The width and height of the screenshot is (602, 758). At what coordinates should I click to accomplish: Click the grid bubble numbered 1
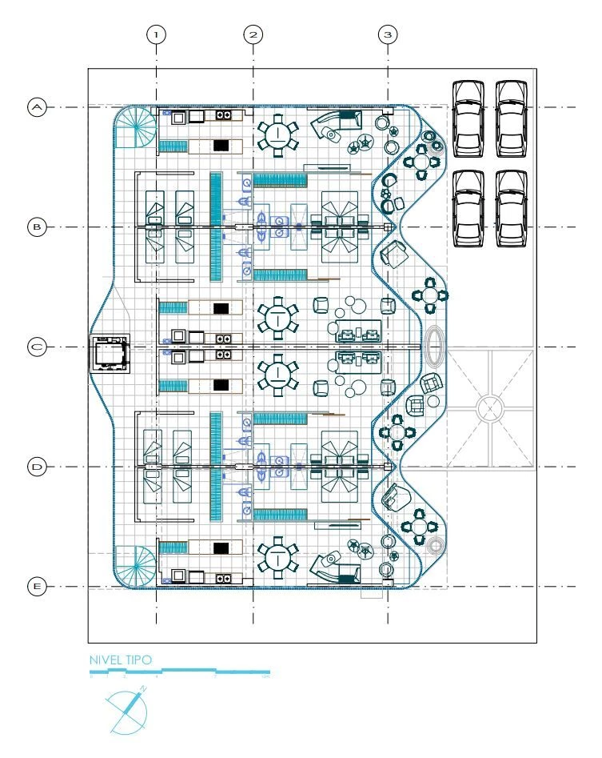[x=156, y=34]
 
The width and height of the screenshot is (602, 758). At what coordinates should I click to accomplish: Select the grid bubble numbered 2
[x=253, y=34]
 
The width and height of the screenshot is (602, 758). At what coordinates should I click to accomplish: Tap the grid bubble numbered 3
[x=388, y=34]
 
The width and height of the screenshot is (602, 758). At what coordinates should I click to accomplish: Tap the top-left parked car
[x=468, y=118]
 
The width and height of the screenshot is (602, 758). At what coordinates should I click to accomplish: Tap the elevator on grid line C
[x=110, y=353]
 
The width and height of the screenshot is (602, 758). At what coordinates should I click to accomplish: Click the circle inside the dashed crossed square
[x=488, y=408]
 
